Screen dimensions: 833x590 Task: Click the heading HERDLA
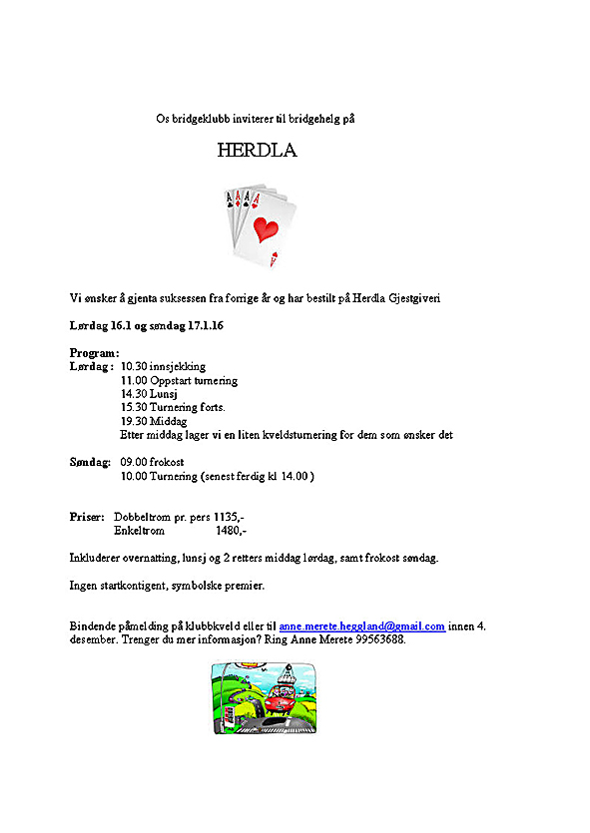coord(257,152)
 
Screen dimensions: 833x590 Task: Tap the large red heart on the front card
coord(266,229)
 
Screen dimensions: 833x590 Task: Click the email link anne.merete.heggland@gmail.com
coord(361,626)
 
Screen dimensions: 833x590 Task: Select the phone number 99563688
coord(380,639)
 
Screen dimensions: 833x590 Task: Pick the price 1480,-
coord(232,531)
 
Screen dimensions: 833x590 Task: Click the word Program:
coord(94,352)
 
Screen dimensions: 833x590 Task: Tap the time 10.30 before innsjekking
coord(134,366)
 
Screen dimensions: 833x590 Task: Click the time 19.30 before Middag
coord(134,421)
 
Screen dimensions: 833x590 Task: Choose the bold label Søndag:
coord(90,463)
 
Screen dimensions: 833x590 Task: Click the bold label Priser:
coord(87,517)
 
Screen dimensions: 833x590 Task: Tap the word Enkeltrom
coord(140,531)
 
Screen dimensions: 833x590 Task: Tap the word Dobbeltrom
coord(145,517)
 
